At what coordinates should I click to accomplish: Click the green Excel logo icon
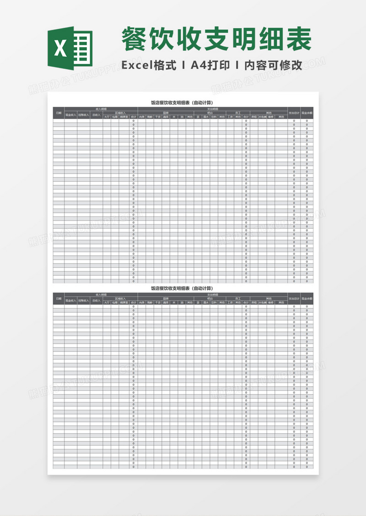(x=70, y=48)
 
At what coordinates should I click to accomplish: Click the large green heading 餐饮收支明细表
(x=216, y=40)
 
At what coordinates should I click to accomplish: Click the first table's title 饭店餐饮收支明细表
(x=183, y=103)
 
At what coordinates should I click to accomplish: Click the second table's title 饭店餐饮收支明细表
(x=183, y=289)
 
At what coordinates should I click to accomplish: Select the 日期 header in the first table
(x=59, y=113)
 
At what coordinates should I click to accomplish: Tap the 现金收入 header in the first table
(x=70, y=115)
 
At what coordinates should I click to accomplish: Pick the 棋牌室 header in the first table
(x=124, y=116)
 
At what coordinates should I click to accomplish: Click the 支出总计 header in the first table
(x=294, y=113)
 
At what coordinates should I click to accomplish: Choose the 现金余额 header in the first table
(x=307, y=113)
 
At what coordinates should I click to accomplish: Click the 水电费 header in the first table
(x=262, y=116)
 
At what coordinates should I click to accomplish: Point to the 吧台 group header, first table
(x=210, y=113)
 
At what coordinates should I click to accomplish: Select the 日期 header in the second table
(x=59, y=299)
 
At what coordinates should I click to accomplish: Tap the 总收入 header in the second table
(x=96, y=300)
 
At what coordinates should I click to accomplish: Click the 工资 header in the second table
(x=230, y=302)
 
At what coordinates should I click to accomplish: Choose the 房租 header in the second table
(x=253, y=302)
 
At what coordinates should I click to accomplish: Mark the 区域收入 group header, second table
(x=120, y=299)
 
